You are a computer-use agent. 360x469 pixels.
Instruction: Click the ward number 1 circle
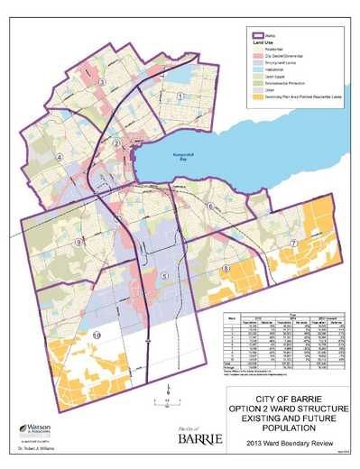click(x=180, y=96)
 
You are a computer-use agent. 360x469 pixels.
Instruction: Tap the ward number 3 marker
click(x=102, y=81)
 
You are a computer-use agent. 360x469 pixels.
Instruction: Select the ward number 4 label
click(x=60, y=156)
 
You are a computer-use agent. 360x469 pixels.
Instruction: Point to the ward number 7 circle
click(x=293, y=243)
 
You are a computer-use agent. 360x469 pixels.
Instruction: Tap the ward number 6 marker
click(x=210, y=206)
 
